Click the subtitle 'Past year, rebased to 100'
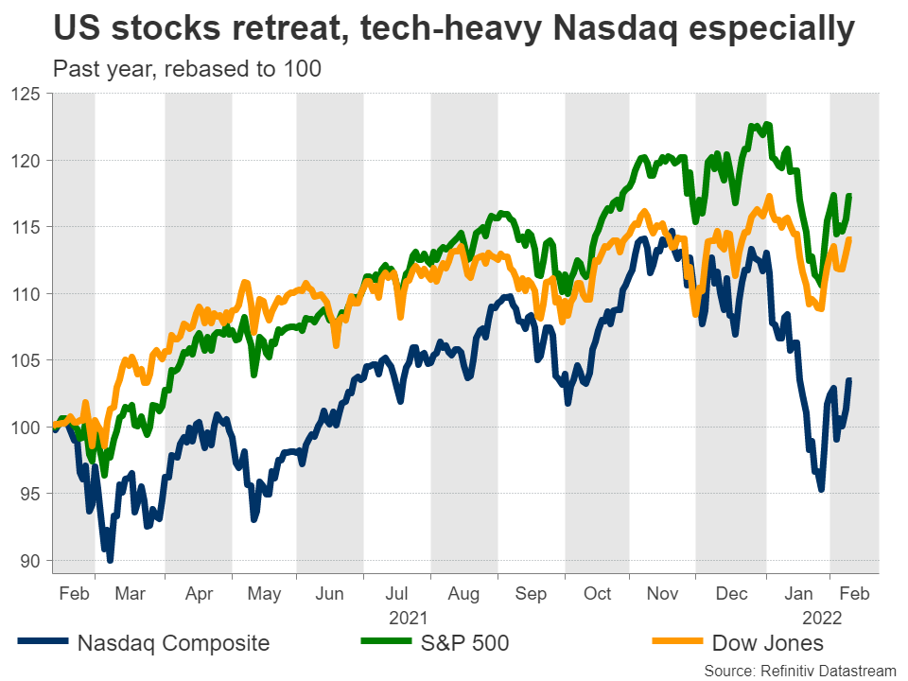pyautogui.click(x=186, y=69)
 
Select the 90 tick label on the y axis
pyautogui.click(x=29, y=560)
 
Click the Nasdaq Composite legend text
pyautogui.click(x=173, y=644)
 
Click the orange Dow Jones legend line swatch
pyautogui.click(x=678, y=644)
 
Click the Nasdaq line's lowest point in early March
pyautogui.click(x=111, y=560)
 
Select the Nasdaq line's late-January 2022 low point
pyautogui.click(x=821, y=489)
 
